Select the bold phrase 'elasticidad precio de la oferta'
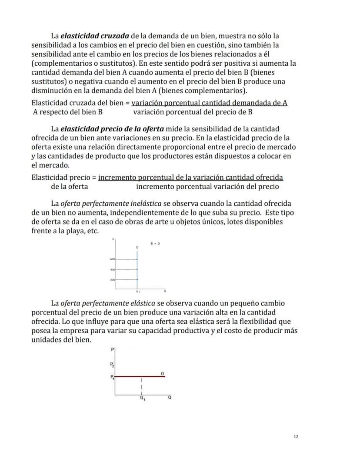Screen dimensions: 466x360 [112, 128]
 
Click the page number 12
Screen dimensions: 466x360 [296, 436]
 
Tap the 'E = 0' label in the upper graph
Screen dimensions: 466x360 [155, 244]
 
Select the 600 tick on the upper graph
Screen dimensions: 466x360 [112, 259]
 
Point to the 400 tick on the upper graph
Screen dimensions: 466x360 [112, 269]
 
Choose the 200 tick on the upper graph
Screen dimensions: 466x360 [112, 280]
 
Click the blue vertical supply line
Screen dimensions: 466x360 [137, 274]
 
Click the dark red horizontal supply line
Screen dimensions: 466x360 [143, 376]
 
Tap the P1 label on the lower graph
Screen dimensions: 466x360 [112, 377]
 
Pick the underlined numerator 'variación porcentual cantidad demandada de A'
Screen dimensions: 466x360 [209, 103]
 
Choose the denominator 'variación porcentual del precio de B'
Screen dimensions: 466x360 [193, 112]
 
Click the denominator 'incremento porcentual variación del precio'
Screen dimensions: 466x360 [207, 187]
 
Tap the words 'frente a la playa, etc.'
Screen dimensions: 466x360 [65, 231]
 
